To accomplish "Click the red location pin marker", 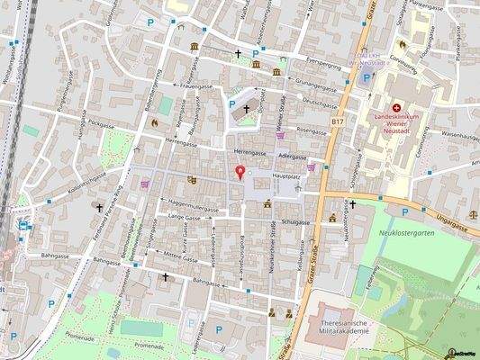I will (240, 172).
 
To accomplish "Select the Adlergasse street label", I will (294, 155).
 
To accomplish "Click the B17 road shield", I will (338, 121).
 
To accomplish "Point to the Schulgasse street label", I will (294, 221).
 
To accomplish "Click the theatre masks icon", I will (192, 179).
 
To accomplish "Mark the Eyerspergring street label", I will (327, 65).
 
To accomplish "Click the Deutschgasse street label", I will (319, 103).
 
